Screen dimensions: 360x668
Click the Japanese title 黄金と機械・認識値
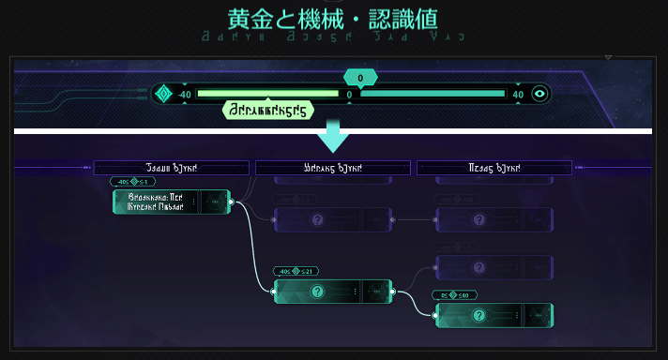[x=333, y=19]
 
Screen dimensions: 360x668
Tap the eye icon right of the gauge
[x=539, y=94]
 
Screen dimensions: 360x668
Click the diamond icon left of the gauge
[x=163, y=94]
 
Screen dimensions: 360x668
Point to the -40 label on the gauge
[x=183, y=94]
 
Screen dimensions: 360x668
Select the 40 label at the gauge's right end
[x=518, y=94]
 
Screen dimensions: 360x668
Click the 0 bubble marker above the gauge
[x=360, y=78]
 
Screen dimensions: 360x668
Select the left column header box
[x=170, y=168]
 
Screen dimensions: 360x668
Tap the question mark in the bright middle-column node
[x=318, y=292]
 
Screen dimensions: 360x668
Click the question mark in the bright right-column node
[x=478, y=315]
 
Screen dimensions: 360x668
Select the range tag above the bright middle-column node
[x=294, y=271]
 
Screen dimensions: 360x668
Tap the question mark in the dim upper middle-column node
[x=318, y=220]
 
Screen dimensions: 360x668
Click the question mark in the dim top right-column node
[x=478, y=220]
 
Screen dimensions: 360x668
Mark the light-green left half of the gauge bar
[x=267, y=94]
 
